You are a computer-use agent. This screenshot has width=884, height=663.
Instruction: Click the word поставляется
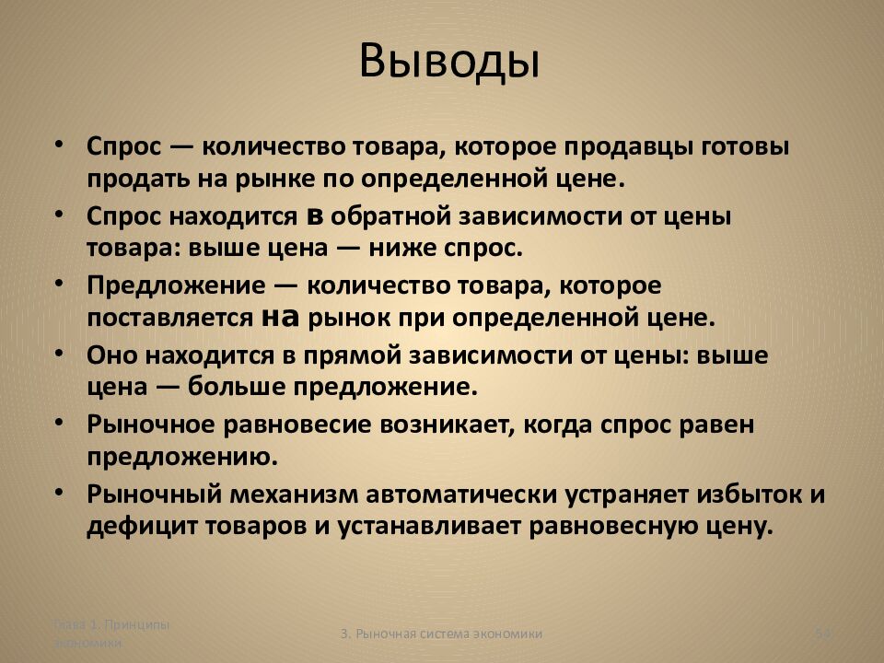(169, 319)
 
